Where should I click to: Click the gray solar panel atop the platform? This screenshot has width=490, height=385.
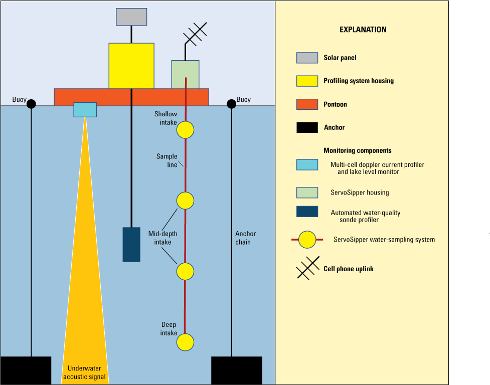click(x=131, y=17)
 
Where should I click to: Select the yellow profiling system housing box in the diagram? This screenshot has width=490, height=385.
click(x=131, y=66)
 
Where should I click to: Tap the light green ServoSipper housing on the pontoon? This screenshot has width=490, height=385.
click(x=185, y=74)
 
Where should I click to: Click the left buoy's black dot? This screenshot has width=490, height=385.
click(x=31, y=104)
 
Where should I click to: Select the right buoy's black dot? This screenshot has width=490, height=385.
click(x=231, y=104)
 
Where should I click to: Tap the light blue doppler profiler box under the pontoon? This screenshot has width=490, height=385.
click(x=85, y=110)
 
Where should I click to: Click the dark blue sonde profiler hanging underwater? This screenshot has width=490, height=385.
click(x=131, y=244)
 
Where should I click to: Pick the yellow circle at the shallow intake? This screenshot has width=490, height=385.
click(x=185, y=130)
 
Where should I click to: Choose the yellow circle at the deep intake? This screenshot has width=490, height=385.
click(x=185, y=342)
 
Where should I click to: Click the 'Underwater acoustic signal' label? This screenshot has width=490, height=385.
click(x=85, y=372)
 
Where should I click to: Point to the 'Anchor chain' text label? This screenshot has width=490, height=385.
click(x=245, y=238)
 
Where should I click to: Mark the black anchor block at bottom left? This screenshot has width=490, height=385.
click(x=25, y=370)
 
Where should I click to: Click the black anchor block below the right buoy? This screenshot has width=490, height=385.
click(x=236, y=370)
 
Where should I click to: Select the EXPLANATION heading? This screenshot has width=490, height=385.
click(x=363, y=30)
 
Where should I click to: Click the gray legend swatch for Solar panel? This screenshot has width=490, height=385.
click(x=307, y=58)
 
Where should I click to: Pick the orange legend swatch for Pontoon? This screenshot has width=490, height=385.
click(x=307, y=104)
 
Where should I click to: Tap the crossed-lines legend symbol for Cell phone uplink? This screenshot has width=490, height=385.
click(x=307, y=268)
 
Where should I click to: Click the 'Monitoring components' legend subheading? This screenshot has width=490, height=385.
click(x=357, y=150)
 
